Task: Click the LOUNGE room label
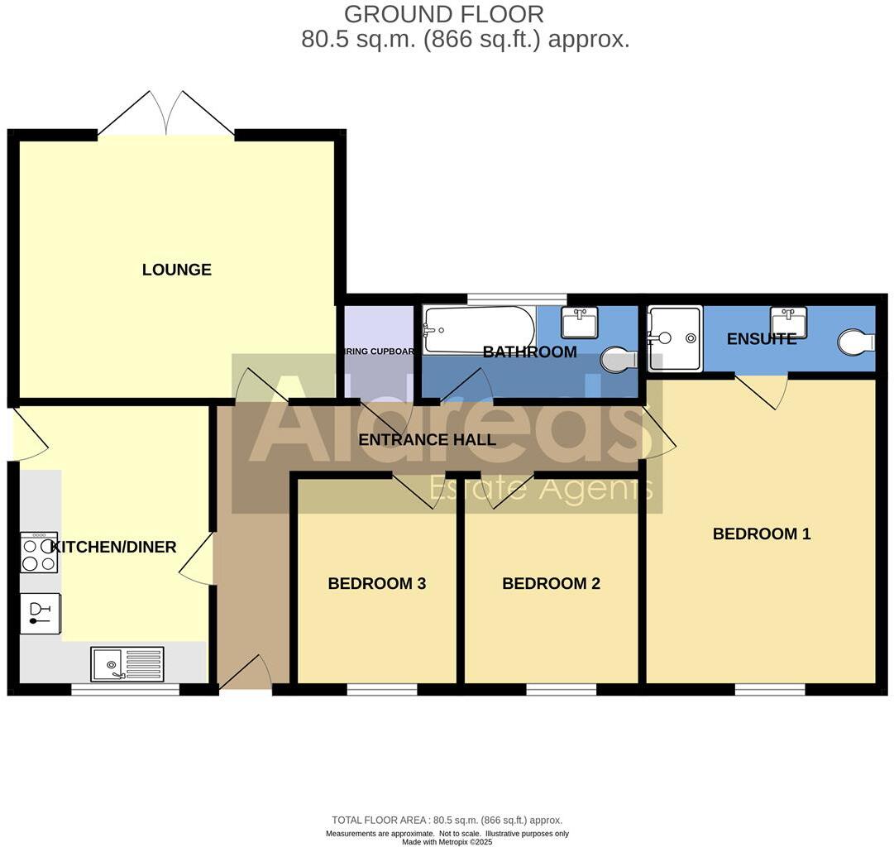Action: tap(176, 270)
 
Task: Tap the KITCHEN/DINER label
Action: tap(114, 547)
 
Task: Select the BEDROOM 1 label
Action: tap(761, 534)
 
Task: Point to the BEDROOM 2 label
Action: tap(551, 583)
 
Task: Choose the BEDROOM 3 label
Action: tap(376, 583)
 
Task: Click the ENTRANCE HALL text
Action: tap(427, 440)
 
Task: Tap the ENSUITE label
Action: tap(761, 339)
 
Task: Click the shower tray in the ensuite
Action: tap(675, 338)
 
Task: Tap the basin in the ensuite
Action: tap(789, 322)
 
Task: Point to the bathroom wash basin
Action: tap(579, 322)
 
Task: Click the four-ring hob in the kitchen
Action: tap(39, 553)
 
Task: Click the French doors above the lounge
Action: tap(166, 114)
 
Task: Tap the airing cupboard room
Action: tap(379, 352)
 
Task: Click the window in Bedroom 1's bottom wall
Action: tap(769, 689)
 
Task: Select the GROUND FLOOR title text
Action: tap(443, 14)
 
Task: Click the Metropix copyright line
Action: tap(447, 842)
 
